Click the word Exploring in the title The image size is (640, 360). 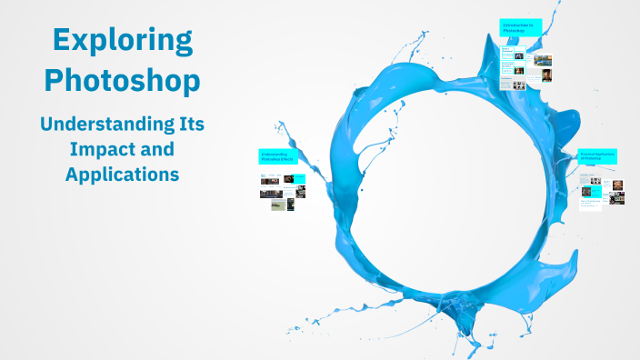[122, 40]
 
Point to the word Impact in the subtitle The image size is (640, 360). [96, 148]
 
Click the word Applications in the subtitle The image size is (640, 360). [122, 173]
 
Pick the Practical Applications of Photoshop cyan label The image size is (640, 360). [598, 157]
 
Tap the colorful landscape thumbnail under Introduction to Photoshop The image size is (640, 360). [544, 61]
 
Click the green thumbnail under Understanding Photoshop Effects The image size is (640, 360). [278, 205]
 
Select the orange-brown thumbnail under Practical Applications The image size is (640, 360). [617, 185]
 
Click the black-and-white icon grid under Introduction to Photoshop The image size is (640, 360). [518, 85]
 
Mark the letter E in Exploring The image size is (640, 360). [62, 40]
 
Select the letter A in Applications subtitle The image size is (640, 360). [72, 173]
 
